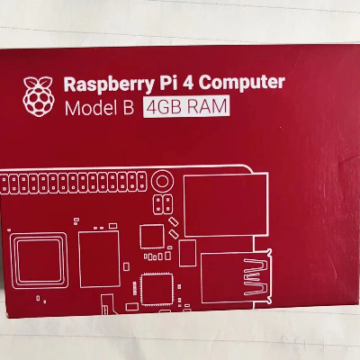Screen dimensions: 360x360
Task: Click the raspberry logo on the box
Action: pyautogui.click(x=39, y=96)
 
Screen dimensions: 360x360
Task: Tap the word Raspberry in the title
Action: pyautogui.click(x=108, y=85)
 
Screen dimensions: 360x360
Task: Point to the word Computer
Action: pyautogui.click(x=242, y=83)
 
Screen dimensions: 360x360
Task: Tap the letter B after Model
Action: pyautogui.click(x=128, y=108)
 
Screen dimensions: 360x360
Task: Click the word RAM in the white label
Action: pyautogui.click(x=207, y=106)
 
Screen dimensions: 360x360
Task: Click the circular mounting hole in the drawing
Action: pyautogui.click(x=162, y=182)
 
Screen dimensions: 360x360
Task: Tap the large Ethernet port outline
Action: pyautogui.click(x=226, y=205)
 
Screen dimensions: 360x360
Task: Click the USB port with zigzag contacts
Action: pyautogui.click(x=237, y=277)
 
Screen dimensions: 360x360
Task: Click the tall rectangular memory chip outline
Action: pyautogui.click(x=100, y=259)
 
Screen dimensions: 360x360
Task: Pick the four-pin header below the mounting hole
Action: pyautogui.click(x=163, y=204)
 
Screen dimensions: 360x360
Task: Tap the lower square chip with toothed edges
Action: pyautogui.click(x=157, y=289)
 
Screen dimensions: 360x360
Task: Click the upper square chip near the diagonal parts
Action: pyautogui.click(x=152, y=237)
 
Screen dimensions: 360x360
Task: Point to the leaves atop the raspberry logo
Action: pyautogui.click(x=38, y=82)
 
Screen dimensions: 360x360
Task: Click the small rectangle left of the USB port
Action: pyautogui.click(x=188, y=253)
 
